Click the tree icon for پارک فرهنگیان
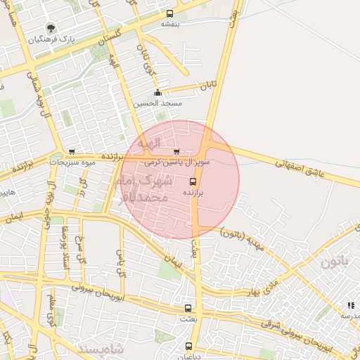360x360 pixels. (x=51, y=28)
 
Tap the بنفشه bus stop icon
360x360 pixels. (x=169, y=13)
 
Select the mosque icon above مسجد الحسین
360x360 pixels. (x=157, y=93)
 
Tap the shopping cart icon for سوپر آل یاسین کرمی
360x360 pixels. (x=176, y=151)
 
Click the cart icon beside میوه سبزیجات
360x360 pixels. (x=72, y=152)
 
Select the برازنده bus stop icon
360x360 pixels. (x=193, y=179)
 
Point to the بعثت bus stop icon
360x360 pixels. (x=188, y=308)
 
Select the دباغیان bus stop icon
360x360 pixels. (x=189, y=346)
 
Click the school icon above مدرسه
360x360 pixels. (x=350, y=305)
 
